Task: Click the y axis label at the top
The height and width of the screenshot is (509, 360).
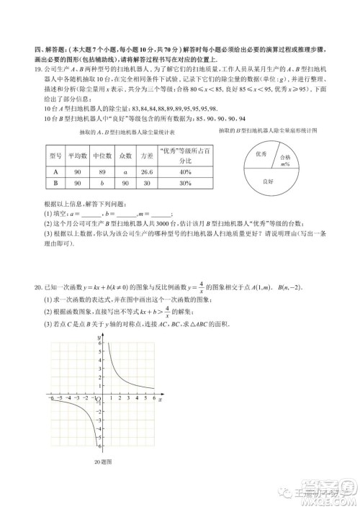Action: point(94,336)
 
